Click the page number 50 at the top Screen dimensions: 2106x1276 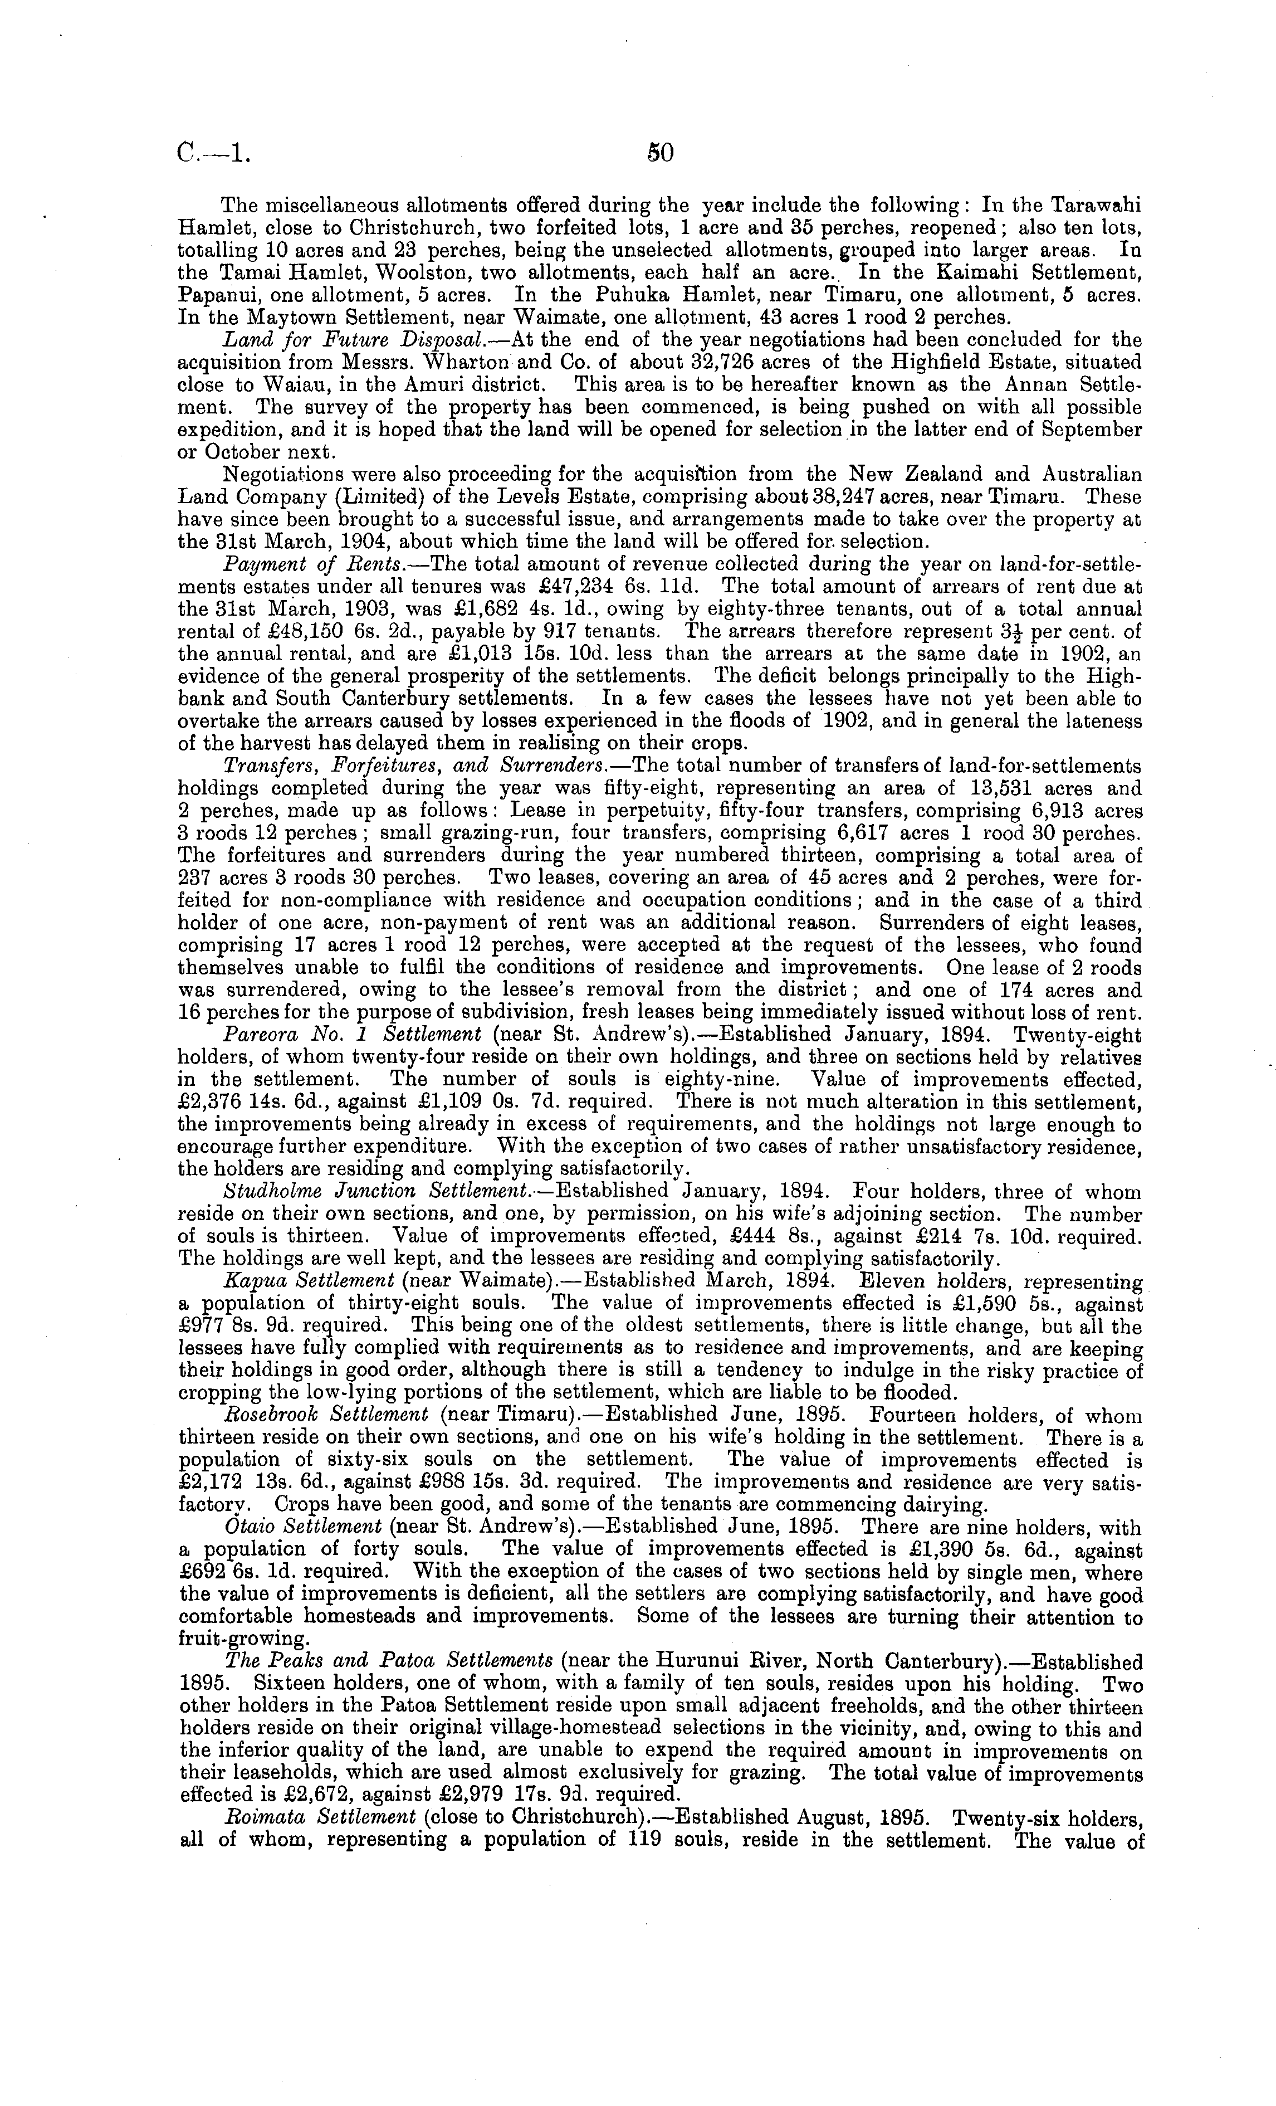[x=660, y=153]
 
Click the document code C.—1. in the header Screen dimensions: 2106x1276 [x=214, y=153]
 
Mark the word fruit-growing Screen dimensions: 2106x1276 [x=243, y=1639]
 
